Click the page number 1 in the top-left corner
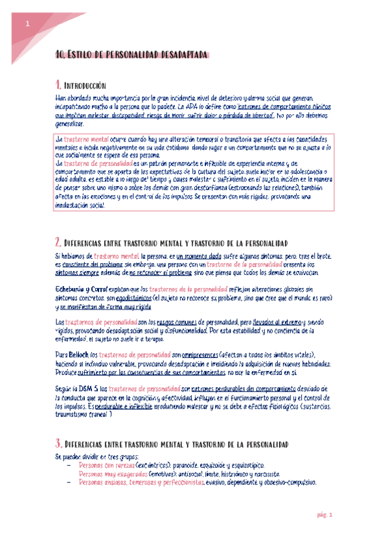[27, 24]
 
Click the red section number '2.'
[58, 242]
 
